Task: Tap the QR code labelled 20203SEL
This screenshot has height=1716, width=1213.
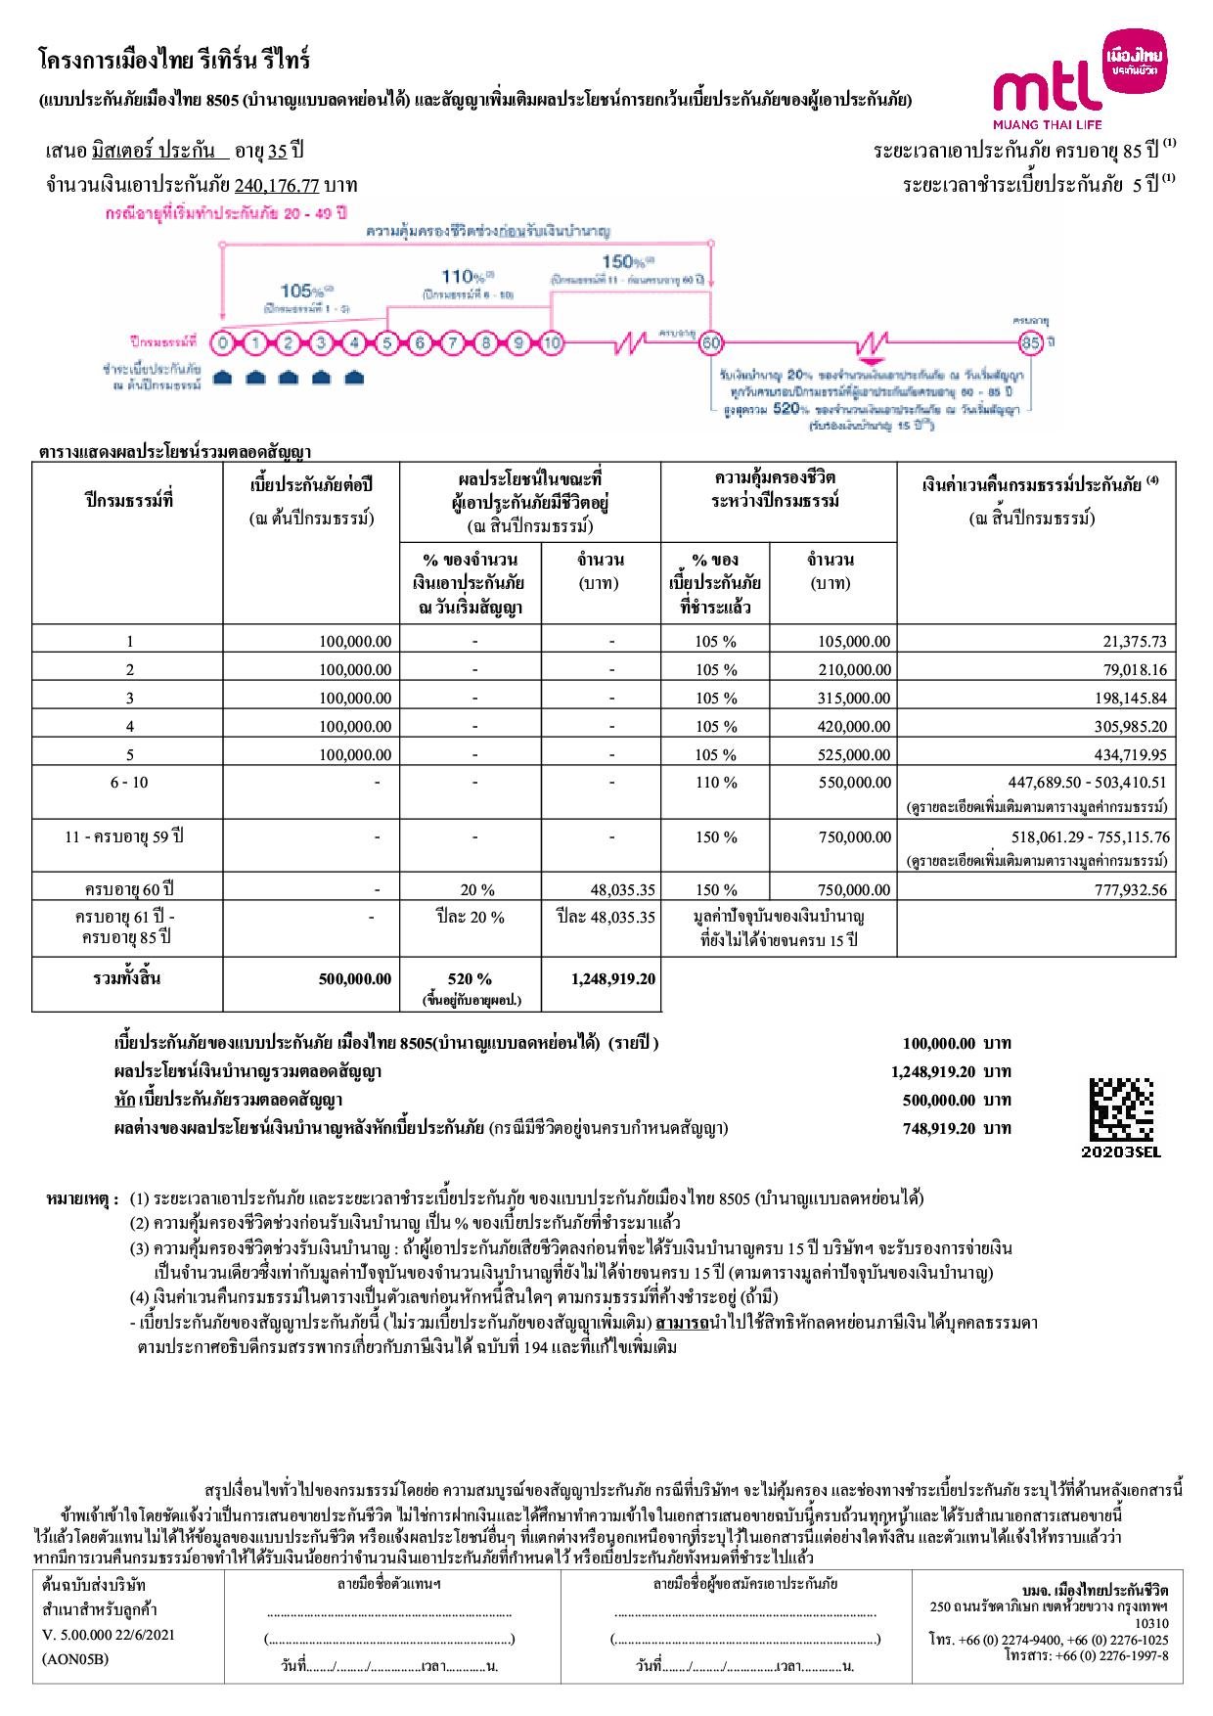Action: click(x=1121, y=1109)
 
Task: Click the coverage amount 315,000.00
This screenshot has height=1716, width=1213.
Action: click(x=854, y=699)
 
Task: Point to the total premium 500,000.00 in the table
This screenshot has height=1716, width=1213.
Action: click(x=354, y=979)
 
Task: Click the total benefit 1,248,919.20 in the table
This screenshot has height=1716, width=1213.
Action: click(x=612, y=979)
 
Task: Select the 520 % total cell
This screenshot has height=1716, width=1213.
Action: click(x=470, y=979)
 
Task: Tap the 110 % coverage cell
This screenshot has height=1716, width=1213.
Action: click(x=716, y=783)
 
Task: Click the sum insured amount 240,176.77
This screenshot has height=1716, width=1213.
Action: click(x=277, y=185)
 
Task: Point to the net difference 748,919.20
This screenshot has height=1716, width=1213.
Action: click(x=938, y=1128)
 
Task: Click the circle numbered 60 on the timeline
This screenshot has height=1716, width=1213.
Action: click(x=711, y=343)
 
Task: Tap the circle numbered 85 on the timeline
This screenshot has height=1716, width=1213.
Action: click(x=1031, y=343)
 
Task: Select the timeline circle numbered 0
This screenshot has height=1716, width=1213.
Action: click(x=224, y=343)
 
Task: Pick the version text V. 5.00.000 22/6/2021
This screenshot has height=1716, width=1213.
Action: click(x=110, y=1635)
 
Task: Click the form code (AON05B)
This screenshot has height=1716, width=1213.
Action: click(x=75, y=1659)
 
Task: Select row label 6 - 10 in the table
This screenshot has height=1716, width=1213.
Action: click(x=129, y=783)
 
